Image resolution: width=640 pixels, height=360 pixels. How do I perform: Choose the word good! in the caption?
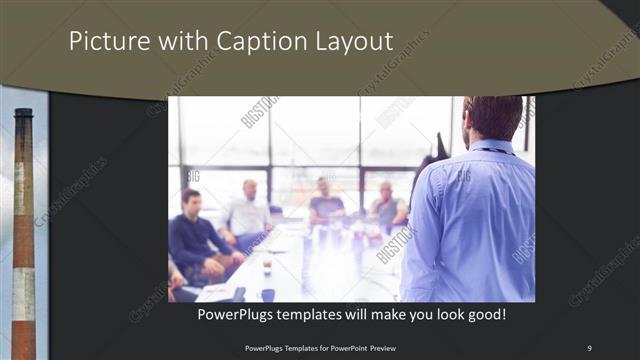pyautogui.click(x=483, y=314)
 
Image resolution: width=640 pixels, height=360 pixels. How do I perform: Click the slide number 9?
pyautogui.click(x=589, y=347)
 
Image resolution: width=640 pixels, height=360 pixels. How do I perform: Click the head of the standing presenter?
pyautogui.click(x=493, y=117)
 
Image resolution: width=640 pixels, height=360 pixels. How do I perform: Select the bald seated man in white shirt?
pyautogui.click(x=247, y=210)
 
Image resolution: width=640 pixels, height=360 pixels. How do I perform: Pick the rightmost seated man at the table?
pyautogui.click(x=387, y=207)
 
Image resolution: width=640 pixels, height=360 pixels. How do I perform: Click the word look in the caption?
pyautogui.click(x=440, y=314)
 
